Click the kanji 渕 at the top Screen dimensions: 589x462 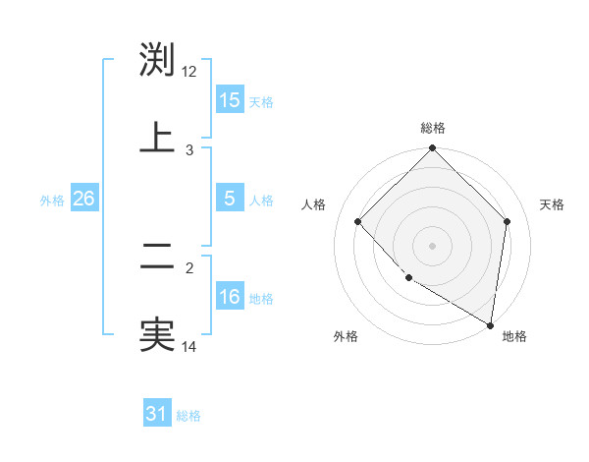point(157,59)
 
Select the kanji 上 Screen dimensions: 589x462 point(157,138)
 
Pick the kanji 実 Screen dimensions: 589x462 point(157,334)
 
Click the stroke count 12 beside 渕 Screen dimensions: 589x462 point(189,71)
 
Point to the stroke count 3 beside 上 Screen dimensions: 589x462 point(189,149)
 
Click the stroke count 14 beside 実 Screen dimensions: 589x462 point(189,346)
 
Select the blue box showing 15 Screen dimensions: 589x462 point(230,100)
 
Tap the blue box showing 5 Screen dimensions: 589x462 point(230,200)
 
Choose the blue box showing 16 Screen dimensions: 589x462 point(230,297)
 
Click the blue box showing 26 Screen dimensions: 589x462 point(84,200)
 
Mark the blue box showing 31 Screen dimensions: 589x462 point(157,415)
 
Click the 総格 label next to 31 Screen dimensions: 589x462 point(188,416)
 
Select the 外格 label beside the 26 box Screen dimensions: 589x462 point(52,201)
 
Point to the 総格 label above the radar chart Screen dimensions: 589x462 point(433,129)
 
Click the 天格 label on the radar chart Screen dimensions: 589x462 point(552,204)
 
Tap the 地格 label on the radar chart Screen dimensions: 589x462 point(514,337)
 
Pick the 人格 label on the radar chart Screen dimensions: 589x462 point(313,204)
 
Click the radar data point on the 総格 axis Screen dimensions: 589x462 point(433,150)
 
